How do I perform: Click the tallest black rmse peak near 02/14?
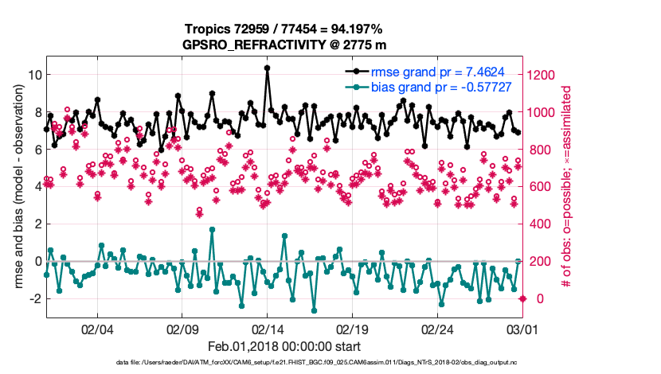(x=267, y=68)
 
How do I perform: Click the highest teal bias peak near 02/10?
(x=212, y=230)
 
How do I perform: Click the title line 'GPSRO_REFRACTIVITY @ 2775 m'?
(x=284, y=45)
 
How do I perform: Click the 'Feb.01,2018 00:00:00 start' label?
(x=284, y=346)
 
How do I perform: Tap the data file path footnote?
(x=284, y=364)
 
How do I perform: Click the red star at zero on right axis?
(x=522, y=298)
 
